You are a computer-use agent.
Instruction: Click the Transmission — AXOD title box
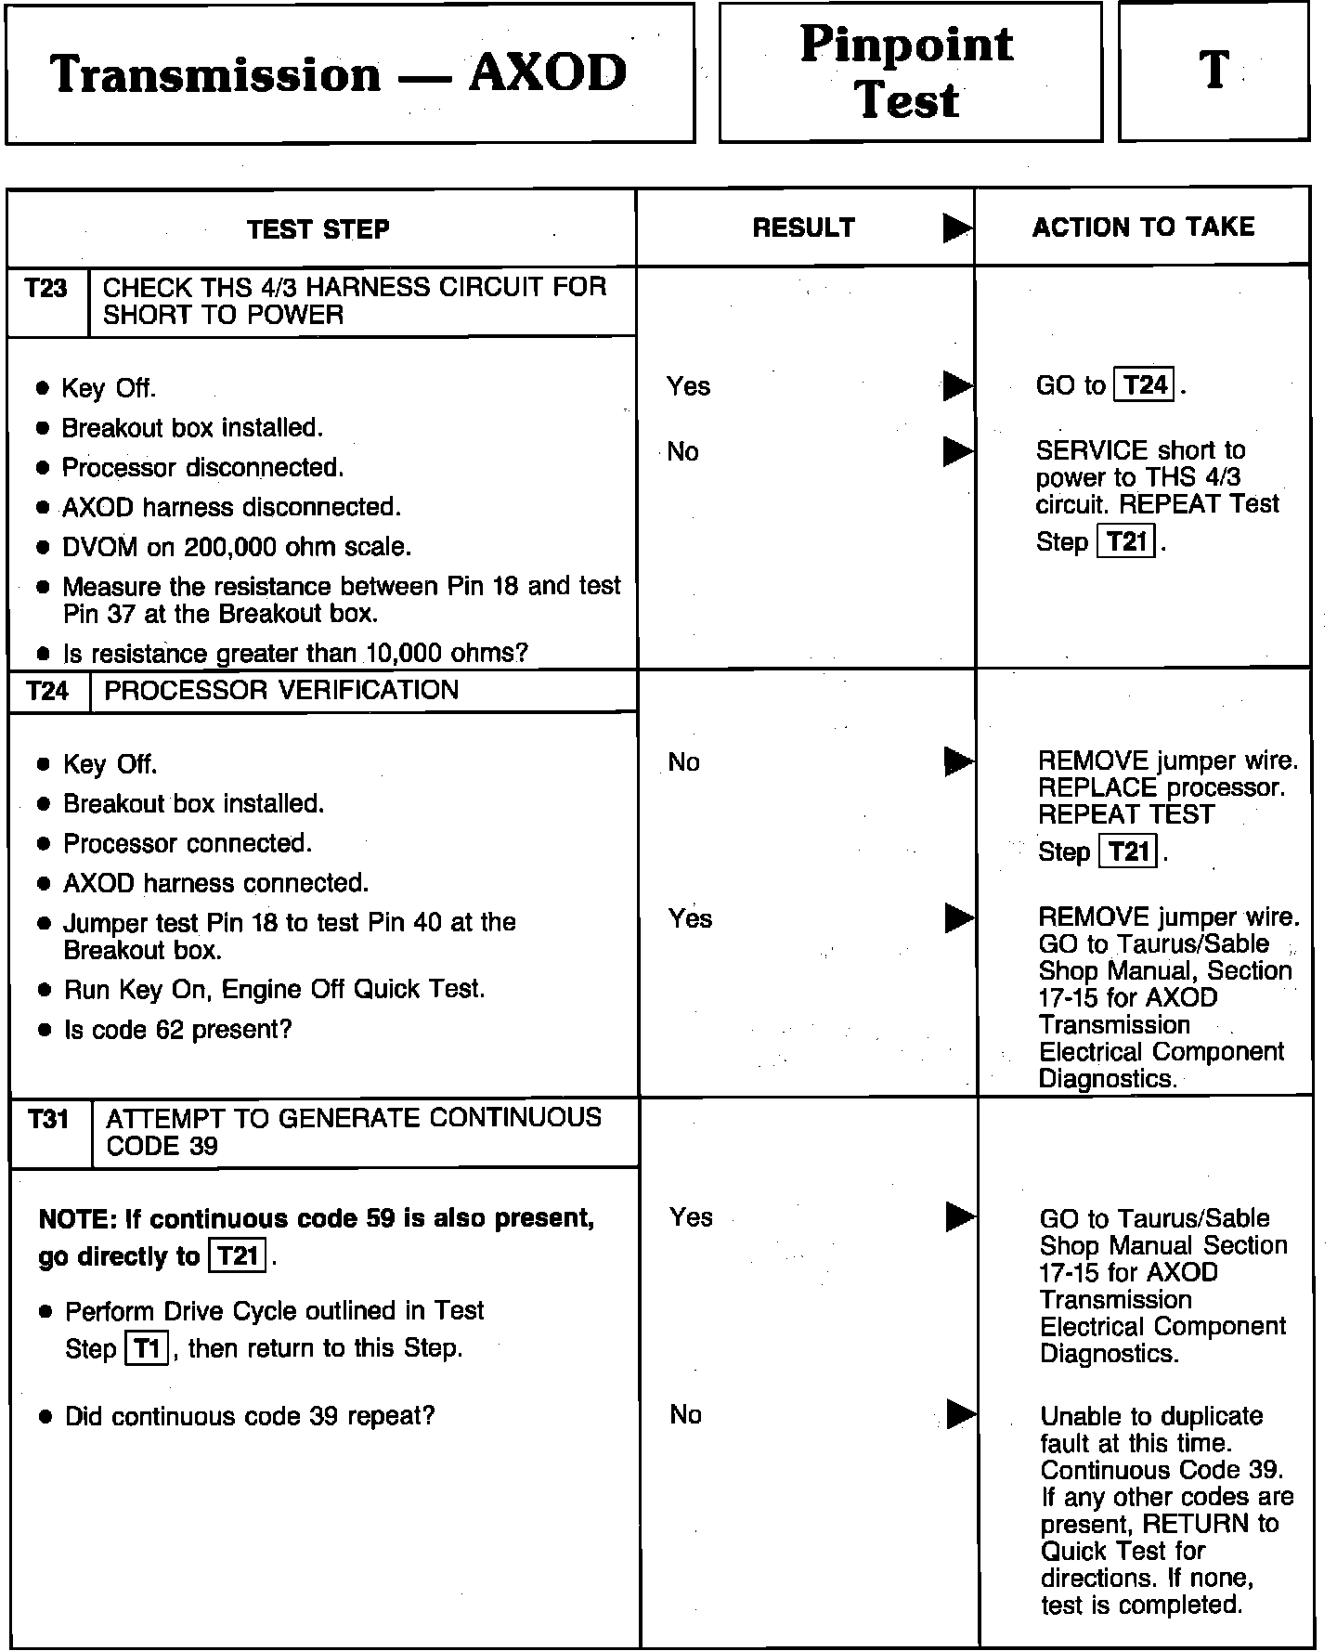point(349,74)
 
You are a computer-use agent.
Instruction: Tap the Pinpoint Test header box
point(909,72)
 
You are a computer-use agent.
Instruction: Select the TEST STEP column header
point(318,229)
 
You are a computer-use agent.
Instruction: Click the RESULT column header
point(803,227)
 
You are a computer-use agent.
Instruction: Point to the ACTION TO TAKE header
point(1143,227)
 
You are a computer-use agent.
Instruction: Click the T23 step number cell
point(47,289)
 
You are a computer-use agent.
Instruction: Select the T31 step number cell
point(49,1120)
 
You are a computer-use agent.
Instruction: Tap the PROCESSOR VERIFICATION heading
point(281,690)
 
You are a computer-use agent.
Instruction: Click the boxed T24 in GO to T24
point(1145,384)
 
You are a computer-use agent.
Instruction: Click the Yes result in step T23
point(688,386)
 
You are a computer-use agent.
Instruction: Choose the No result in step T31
point(685,1414)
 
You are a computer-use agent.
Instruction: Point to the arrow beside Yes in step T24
point(959,917)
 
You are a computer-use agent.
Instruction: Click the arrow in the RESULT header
point(957,227)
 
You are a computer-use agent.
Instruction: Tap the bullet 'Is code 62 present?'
point(177,1030)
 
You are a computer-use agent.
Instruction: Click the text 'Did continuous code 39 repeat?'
point(250,1416)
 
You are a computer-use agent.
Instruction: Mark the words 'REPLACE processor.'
point(1162,787)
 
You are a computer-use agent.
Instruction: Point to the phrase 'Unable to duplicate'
point(1151,1416)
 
